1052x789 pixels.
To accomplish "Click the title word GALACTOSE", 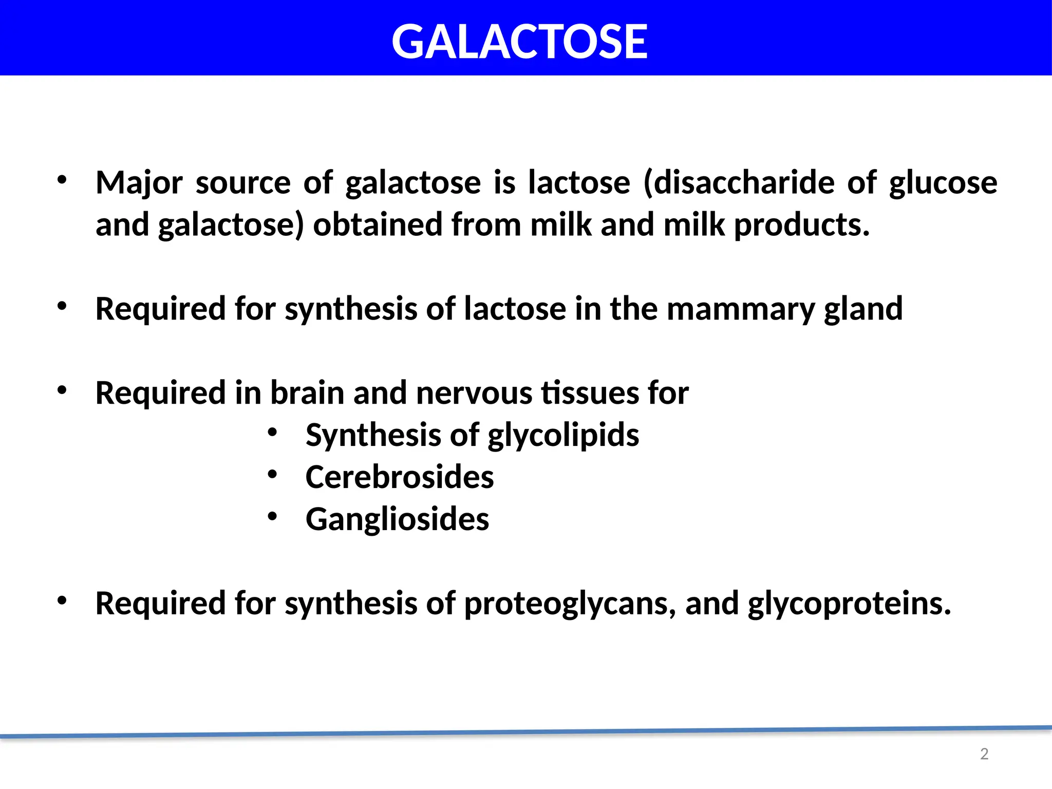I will click(519, 42).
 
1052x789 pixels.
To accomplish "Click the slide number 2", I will click(984, 754).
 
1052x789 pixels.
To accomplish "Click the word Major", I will click(139, 183).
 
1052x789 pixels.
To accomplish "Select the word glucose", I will click(943, 183).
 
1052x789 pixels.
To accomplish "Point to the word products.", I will click(802, 226).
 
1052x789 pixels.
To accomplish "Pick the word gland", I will click(863, 309).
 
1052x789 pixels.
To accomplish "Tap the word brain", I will click(307, 393).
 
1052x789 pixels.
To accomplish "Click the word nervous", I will click(474, 393).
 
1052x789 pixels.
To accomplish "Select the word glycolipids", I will click(563, 436).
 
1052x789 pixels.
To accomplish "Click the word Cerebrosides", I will click(400, 477).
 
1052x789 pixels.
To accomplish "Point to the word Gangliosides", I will click(397, 519).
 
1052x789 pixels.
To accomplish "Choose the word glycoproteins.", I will click(849, 604).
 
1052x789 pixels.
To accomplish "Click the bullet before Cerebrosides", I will click(272, 475).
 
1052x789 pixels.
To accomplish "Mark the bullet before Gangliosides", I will click(272, 517).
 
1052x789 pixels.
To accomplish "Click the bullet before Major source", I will click(62, 180).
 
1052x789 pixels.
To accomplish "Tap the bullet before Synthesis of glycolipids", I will click(272, 433).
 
